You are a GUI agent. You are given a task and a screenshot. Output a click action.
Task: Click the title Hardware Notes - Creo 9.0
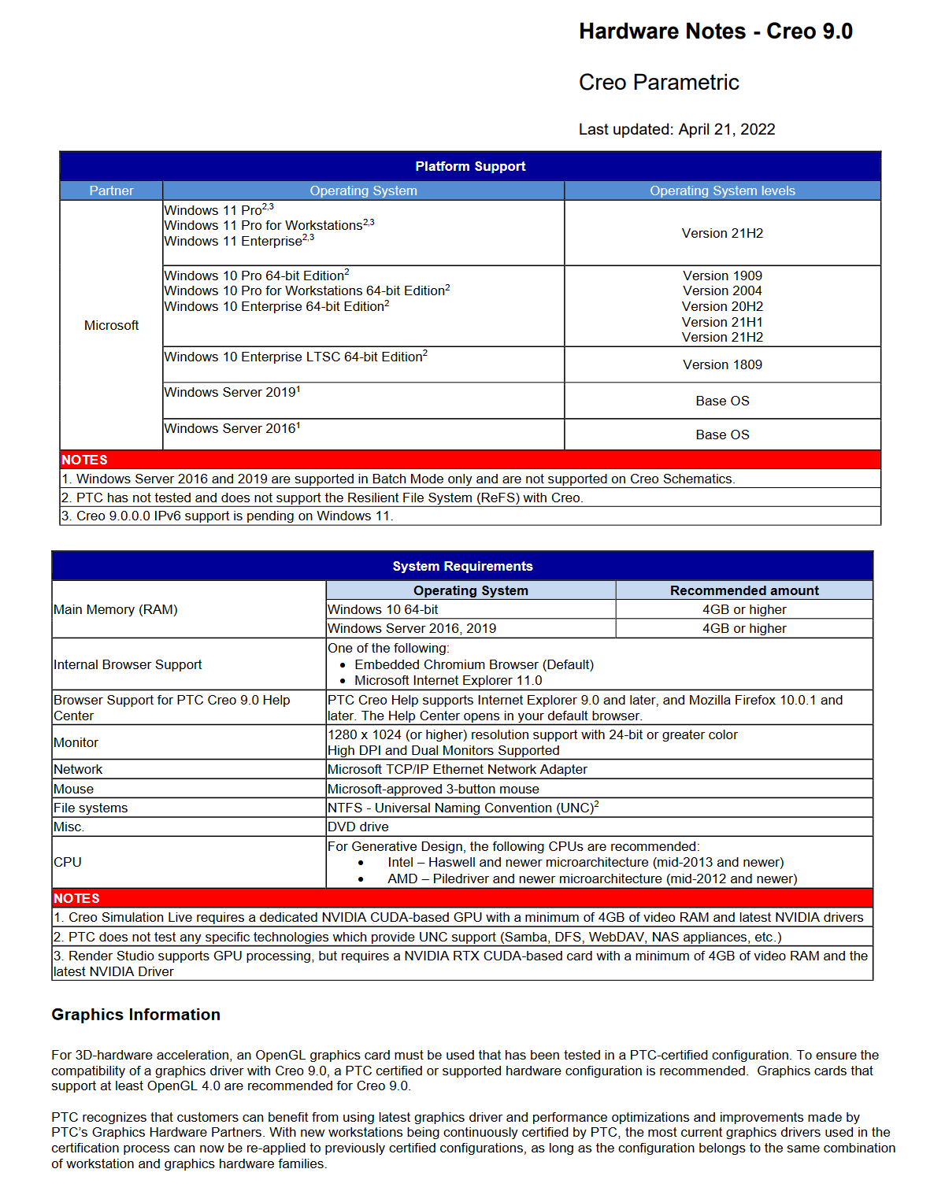click(x=715, y=31)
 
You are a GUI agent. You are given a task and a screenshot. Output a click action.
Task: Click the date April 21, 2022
click(x=726, y=130)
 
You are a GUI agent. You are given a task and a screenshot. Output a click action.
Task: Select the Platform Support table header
click(x=470, y=166)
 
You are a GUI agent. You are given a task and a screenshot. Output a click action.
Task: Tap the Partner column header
click(x=111, y=190)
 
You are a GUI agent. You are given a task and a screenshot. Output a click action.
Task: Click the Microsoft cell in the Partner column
click(x=111, y=325)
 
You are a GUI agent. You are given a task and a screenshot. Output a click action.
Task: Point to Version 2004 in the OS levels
click(x=722, y=291)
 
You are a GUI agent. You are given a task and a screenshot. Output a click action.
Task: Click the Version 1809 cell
click(x=722, y=364)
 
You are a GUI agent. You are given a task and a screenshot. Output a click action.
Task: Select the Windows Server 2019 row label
click(x=232, y=393)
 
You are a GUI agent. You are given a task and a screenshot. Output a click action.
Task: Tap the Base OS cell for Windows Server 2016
click(x=722, y=435)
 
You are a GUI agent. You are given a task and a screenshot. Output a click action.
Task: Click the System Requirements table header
click(x=462, y=566)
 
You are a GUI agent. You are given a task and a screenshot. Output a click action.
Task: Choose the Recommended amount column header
click(x=744, y=590)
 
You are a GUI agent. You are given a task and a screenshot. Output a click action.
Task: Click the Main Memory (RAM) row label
click(x=116, y=609)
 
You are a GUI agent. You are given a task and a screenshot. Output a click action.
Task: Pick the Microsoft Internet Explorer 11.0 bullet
click(x=448, y=681)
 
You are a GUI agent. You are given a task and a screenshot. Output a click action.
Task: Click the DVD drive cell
click(x=358, y=827)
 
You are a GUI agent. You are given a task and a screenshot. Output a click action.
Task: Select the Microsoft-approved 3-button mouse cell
click(x=433, y=789)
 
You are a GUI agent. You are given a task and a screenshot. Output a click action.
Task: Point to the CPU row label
click(x=68, y=862)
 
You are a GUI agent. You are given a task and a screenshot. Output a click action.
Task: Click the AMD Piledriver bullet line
click(x=591, y=878)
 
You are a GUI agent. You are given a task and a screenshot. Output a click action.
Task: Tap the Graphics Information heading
click(x=135, y=1015)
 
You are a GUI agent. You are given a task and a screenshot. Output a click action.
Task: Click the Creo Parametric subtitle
click(x=658, y=83)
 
